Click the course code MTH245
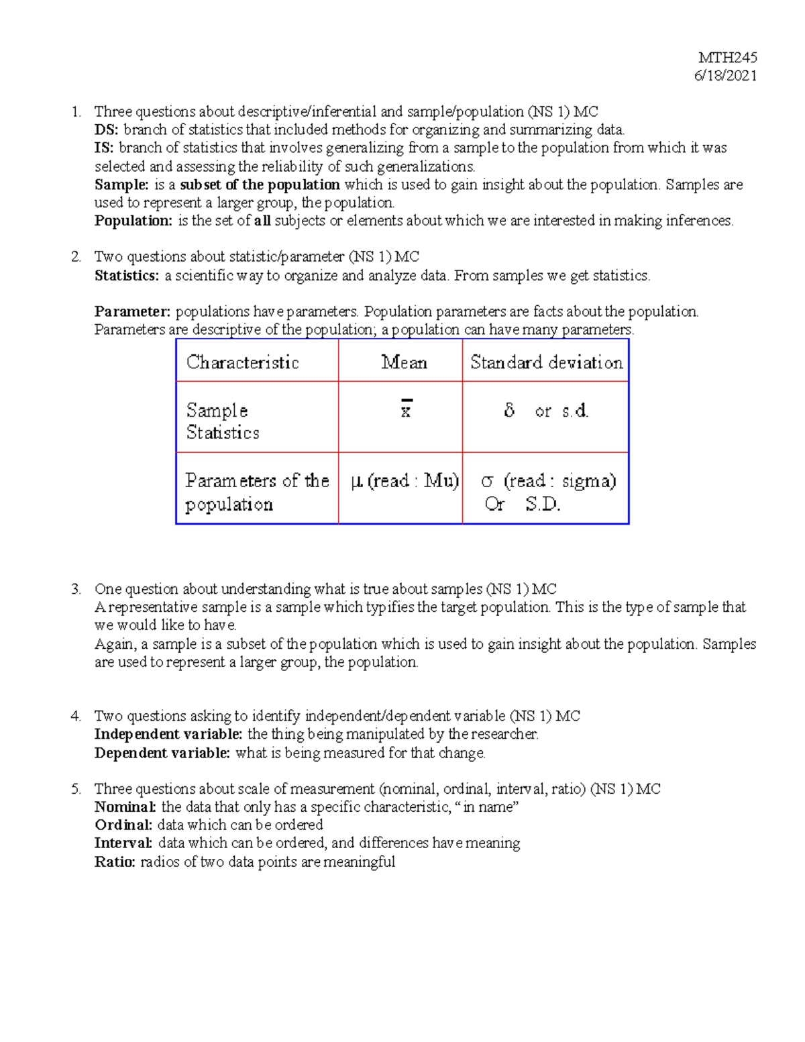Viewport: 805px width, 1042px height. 727,58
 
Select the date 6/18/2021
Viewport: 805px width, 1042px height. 725,76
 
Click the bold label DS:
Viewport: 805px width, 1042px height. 106,129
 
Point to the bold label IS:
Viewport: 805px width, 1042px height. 104,148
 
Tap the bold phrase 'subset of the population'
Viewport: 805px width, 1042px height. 260,185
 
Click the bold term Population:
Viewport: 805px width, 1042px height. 133,221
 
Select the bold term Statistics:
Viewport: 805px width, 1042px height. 127,276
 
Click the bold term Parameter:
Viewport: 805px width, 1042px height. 132,312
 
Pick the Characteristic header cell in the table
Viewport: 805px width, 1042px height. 242,362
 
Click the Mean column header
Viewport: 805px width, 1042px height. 404,362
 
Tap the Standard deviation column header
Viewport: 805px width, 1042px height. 546,362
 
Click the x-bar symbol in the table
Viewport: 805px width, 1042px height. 406,410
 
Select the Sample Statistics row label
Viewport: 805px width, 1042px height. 222,421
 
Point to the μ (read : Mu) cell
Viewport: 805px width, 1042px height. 405,481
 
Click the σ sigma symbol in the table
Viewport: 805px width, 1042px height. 488,481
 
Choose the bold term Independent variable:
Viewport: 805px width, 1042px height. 168,735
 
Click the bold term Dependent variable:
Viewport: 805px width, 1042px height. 162,753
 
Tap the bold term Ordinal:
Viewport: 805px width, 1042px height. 123,825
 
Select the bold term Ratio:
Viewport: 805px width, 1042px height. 115,862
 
